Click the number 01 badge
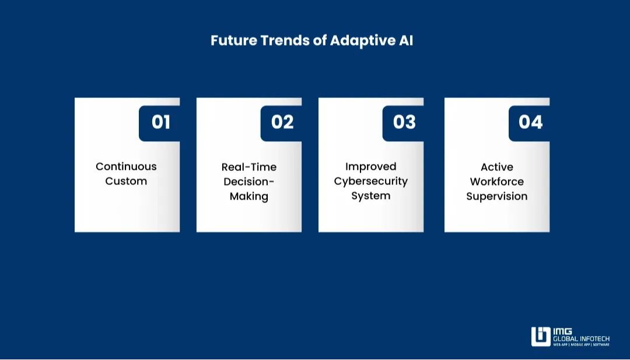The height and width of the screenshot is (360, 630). click(x=160, y=123)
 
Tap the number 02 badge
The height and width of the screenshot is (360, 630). click(x=282, y=123)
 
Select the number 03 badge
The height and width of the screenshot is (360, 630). click(x=404, y=123)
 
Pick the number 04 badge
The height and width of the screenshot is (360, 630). click(x=530, y=123)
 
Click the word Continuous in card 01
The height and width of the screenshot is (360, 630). click(x=126, y=166)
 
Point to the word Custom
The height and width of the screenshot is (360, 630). click(x=126, y=181)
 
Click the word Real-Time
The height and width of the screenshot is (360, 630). click(x=249, y=167)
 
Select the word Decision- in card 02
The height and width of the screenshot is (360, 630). click(x=249, y=181)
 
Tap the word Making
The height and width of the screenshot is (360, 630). click(x=249, y=197)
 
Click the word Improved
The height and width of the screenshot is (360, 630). click(x=370, y=167)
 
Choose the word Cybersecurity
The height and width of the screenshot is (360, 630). click(x=370, y=181)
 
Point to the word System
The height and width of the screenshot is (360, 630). click(x=370, y=196)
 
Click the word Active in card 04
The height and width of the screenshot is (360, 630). click(x=497, y=167)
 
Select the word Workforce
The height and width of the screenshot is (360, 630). click(x=497, y=181)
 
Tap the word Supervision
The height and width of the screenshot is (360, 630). click(x=497, y=197)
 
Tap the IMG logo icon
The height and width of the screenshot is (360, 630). click(x=541, y=337)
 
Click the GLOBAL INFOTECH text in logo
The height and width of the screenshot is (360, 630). click(x=582, y=339)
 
